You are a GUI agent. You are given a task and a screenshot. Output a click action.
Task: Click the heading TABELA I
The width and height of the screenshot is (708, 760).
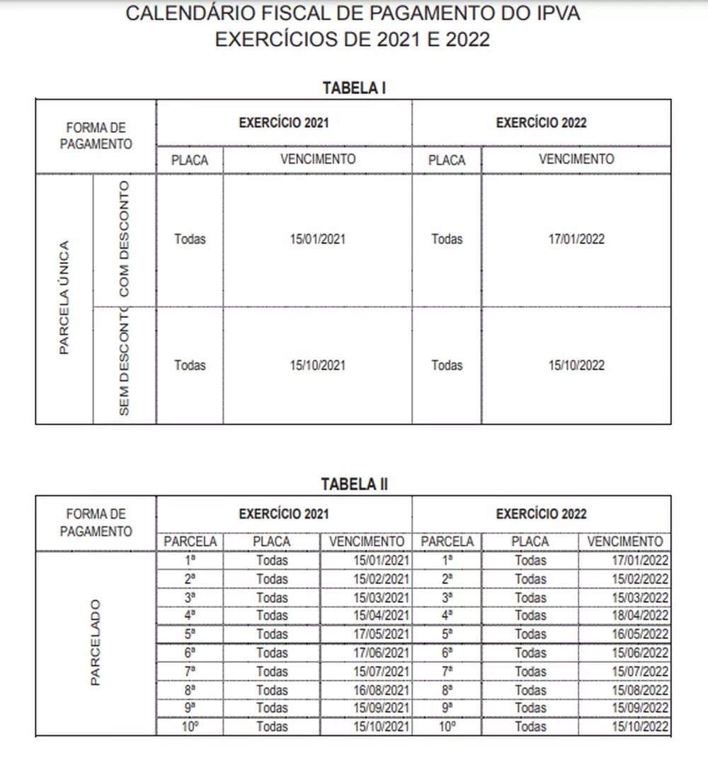pos(354,88)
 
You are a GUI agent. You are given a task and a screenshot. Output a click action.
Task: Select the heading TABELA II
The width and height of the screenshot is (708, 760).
pos(354,484)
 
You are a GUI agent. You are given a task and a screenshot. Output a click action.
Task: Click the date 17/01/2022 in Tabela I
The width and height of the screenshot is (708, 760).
pos(576,239)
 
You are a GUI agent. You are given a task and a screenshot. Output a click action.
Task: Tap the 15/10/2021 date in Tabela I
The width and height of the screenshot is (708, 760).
pos(317,365)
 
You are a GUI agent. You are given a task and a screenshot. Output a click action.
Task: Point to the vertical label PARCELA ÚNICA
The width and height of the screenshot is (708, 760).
pos(64,297)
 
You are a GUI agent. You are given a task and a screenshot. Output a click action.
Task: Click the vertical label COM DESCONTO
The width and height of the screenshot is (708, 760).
pos(125,239)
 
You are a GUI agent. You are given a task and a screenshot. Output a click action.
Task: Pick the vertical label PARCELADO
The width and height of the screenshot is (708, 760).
pos(96,643)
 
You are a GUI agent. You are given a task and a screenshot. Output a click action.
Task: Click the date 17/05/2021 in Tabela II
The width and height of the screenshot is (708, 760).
pos(383,634)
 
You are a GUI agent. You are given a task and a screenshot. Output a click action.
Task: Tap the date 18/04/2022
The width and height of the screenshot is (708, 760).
pos(641,616)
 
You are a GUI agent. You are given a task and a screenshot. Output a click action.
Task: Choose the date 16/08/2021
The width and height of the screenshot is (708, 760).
pos(383,689)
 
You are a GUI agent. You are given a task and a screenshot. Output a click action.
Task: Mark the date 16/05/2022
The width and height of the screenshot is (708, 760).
pos(641,634)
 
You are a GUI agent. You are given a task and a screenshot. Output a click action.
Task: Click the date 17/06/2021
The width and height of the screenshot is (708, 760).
pos(383,652)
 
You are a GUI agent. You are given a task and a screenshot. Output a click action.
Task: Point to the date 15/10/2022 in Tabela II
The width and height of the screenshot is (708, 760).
pos(641,726)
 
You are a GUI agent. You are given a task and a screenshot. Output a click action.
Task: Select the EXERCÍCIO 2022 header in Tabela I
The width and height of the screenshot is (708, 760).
pos(541,122)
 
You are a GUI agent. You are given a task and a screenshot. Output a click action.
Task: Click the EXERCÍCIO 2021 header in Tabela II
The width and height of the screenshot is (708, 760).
pos(283,514)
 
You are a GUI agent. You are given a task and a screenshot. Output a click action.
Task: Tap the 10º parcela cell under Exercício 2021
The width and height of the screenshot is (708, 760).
pos(190,726)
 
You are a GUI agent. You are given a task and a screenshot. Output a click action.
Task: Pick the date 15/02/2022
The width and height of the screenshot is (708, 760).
pos(641,579)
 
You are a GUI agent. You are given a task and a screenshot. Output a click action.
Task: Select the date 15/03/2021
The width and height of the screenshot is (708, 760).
pos(383,597)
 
